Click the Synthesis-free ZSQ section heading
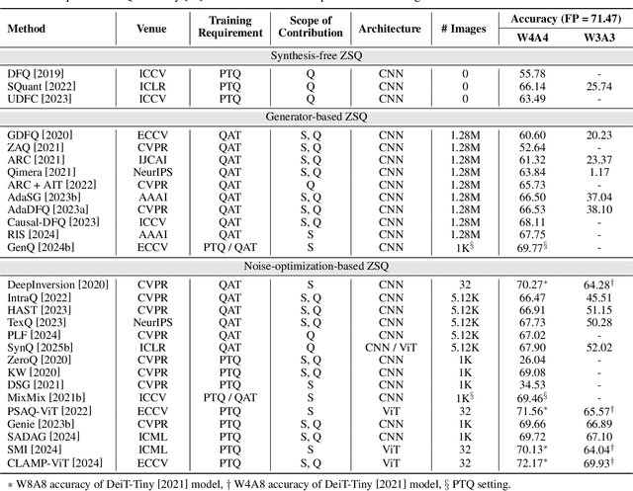316,57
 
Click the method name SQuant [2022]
39,86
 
